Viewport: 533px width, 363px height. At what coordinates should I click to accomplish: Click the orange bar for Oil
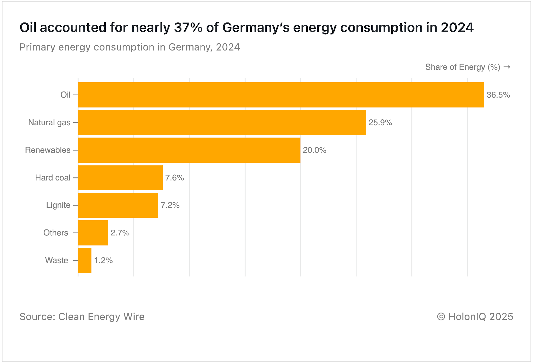click(281, 95)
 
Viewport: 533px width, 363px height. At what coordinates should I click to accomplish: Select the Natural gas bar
click(222, 123)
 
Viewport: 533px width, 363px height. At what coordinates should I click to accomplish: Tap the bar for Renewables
click(189, 150)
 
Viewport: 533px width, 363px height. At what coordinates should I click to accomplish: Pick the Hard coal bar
click(120, 178)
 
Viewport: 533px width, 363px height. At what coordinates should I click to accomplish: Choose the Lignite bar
click(118, 205)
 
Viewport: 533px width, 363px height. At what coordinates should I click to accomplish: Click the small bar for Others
click(93, 233)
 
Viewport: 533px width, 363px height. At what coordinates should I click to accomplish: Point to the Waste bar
click(85, 261)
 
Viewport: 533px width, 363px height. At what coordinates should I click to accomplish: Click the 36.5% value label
click(498, 95)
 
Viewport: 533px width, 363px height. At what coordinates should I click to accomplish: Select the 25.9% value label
click(380, 123)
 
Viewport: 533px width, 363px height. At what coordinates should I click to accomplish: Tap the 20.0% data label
click(314, 150)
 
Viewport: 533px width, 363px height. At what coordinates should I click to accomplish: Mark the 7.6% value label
click(174, 178)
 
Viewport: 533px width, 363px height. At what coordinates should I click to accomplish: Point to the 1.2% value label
click(103, 261)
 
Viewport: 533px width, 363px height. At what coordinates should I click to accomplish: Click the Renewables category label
click(48, 150)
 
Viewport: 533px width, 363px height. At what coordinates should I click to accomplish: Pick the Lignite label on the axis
click(58, 205)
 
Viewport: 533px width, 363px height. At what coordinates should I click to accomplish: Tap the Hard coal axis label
click(53, 178)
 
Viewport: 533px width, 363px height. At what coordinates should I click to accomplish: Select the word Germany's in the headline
click(256, 28)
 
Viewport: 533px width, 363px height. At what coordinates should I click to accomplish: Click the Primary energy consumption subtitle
click(130, 47)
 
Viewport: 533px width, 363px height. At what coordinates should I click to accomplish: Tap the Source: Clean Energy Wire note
click(82, 317)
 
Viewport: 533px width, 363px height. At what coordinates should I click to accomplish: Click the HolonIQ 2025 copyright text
click(475, 317)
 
